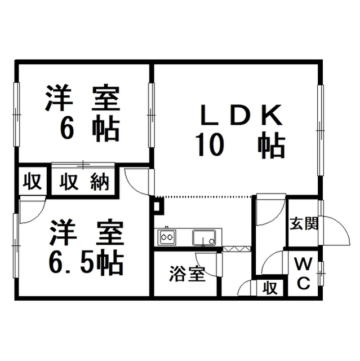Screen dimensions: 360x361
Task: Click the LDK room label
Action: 241,115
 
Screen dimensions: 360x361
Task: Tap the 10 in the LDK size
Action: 210,146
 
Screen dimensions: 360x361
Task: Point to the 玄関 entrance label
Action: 304,223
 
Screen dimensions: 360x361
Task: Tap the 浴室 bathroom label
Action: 188,274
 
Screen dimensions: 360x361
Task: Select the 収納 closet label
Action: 84,182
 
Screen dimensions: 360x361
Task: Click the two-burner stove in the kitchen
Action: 166,237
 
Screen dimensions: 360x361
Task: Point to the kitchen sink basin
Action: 204,237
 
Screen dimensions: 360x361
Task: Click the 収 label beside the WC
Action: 270,288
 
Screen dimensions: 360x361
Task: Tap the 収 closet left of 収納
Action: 33,182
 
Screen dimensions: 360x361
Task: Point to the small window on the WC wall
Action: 321,273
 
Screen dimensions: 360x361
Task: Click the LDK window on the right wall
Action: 320,130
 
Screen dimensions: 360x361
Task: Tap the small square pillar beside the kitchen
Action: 158,206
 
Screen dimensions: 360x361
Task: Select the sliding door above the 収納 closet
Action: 83,164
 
